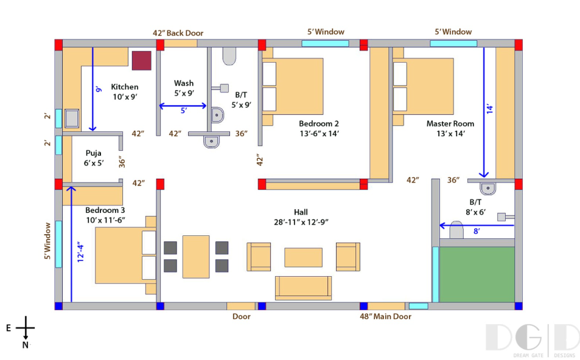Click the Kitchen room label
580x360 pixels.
pyautogui.click(x=125, y=87)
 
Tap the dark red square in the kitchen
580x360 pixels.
pyautogui.click(x=142, y=61)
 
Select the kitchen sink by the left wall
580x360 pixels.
pyautogui.click(x=72, y=118)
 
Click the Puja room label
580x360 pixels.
pyautogui.click(x=93, y=153)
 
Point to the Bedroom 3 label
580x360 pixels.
pyautogui.click(x=105, y=210)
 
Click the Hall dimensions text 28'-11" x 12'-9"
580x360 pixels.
pyautogui.click(x=301, y=222)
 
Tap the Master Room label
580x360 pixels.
pyautogui.click(x=450, y=123)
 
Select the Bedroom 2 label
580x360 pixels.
pyautogui.click(x=319, y=123)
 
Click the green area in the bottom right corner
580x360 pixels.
pyautogui.click(x=477, y=275)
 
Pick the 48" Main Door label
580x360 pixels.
pyautogui.click(x=385, y=316)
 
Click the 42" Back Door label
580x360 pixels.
pyautogui.click(x=178, y=33)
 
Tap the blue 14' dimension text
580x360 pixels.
pyautogui.click(x=490, y=109)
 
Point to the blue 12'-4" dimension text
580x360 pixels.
pyautogui.click(x=80, y=252)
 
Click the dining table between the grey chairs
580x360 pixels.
pyautogui.click(x=196, y=257)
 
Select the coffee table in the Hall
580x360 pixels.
pyautogui.click(x=303, y=257)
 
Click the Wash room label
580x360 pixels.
pyautogui.click(x=184, y=83)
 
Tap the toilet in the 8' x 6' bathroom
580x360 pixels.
pyautogui.click(x=456, y=229)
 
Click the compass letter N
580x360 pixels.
pyautogui.click(x=25, y=345)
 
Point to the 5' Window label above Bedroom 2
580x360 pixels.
pyautogui.click(x=326, y=32)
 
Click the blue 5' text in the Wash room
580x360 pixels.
pyautogui.click(x=184, y=110)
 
